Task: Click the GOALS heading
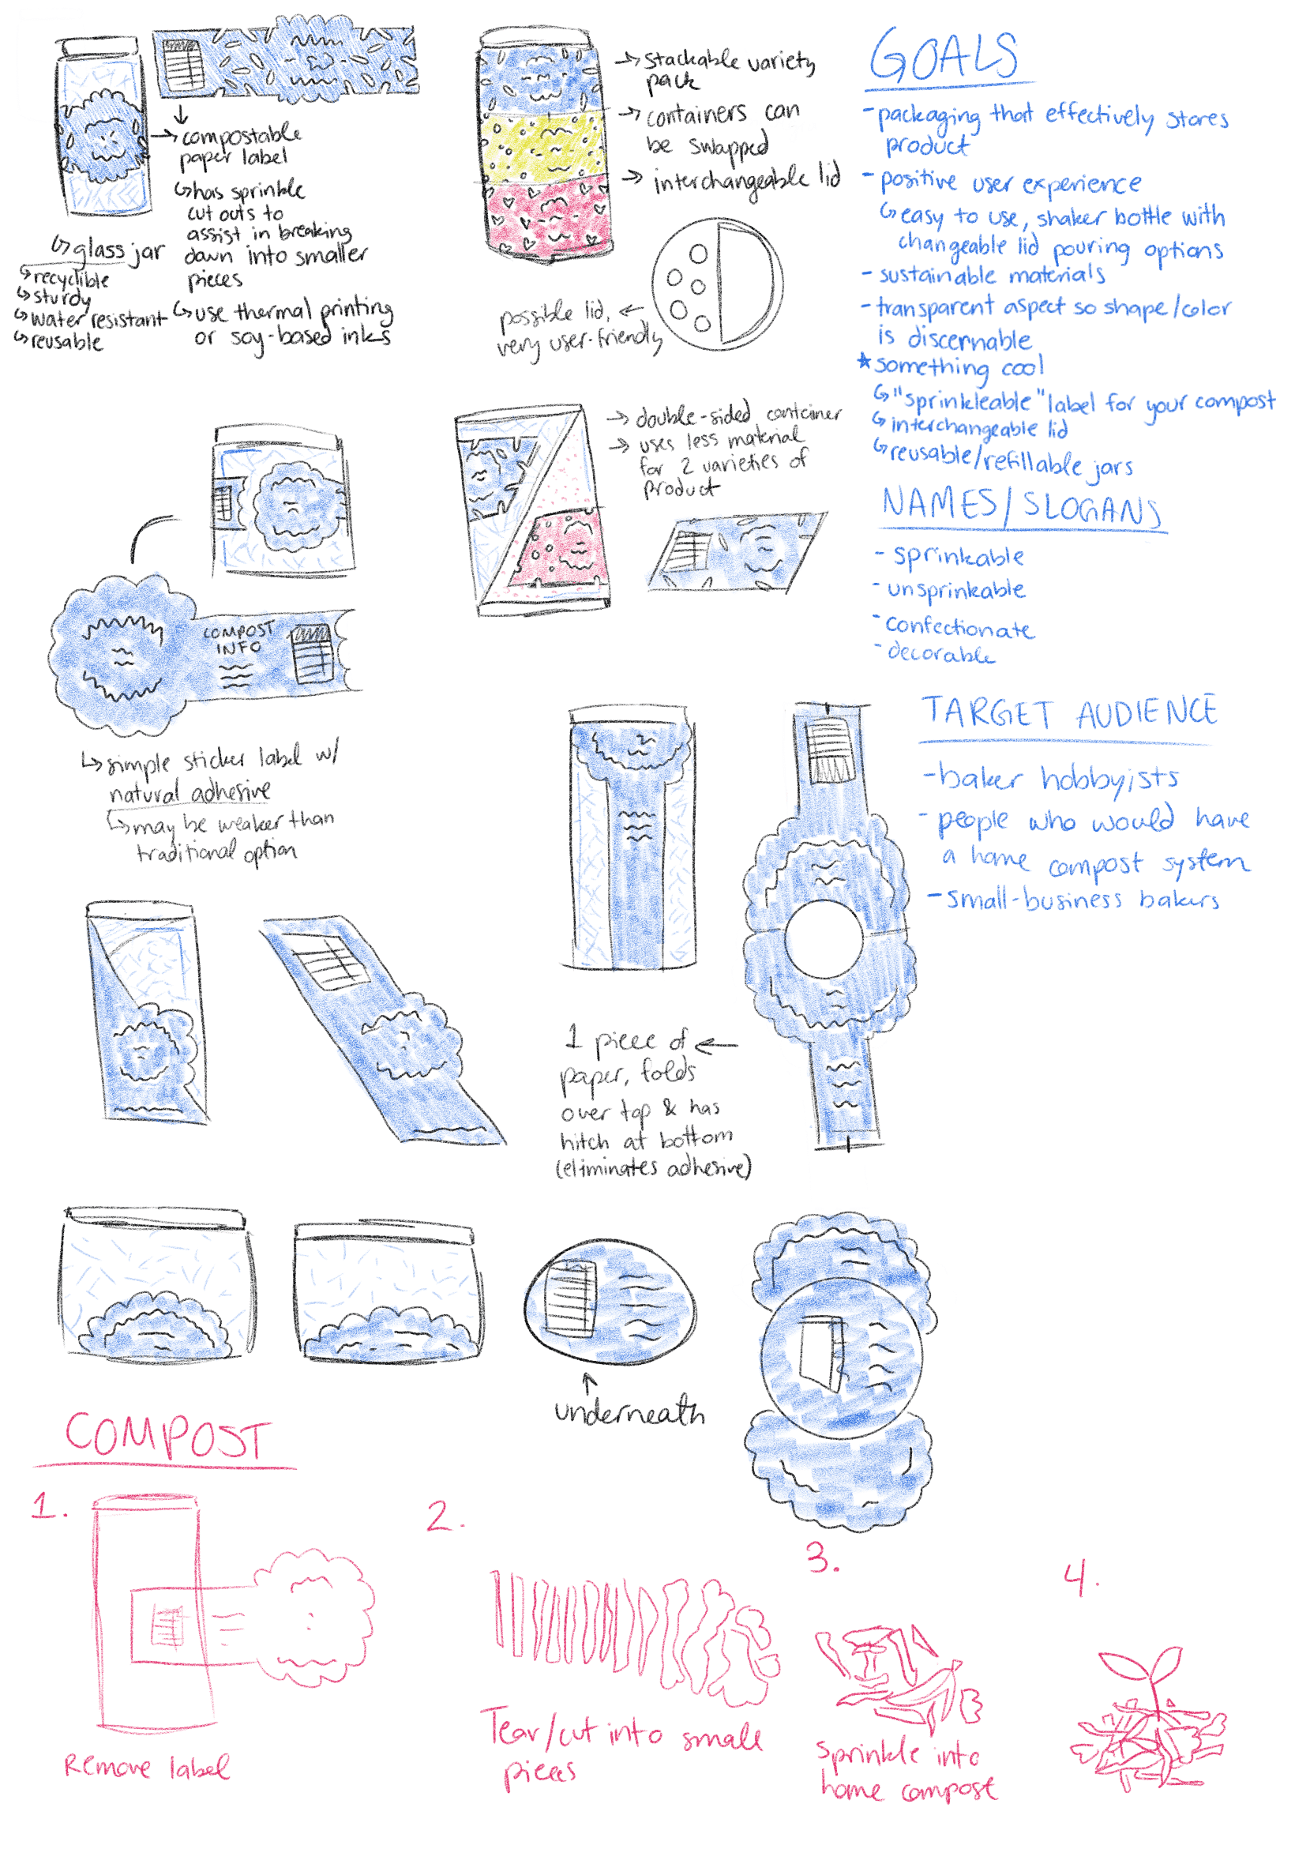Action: click(x=944, y=55)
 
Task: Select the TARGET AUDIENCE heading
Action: click(x=1068, y=713)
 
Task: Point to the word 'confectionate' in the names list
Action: click(x=959, y=626)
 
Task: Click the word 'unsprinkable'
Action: click(x=955, y=590)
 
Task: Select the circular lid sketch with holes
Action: click(x=718, y=284)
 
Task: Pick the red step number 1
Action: click(x=46, y=1506)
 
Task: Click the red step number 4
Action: click(x=1079, y=1578)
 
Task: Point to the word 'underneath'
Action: click(x=629, y=1412)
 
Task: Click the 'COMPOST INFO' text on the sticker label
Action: click(x=237, y=638)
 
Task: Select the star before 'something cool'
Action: click(x=864, y=362)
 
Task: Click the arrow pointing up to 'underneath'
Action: click(x=590, y=1381)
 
